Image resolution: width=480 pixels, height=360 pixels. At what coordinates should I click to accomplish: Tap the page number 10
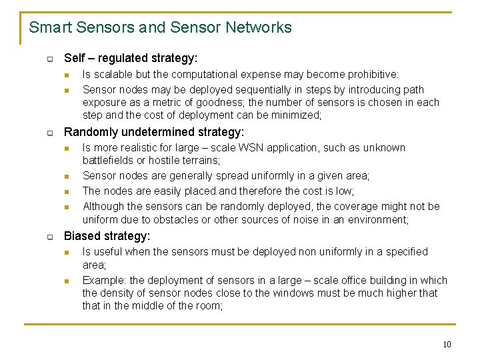click(x=446, y=344)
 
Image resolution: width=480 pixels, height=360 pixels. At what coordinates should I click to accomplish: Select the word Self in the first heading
click(x=74, y=59)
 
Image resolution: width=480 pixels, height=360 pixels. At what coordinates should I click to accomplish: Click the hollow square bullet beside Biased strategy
click(x=50, y=237)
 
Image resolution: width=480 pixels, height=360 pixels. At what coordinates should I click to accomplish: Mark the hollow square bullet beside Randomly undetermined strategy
click(x=50, y=133)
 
